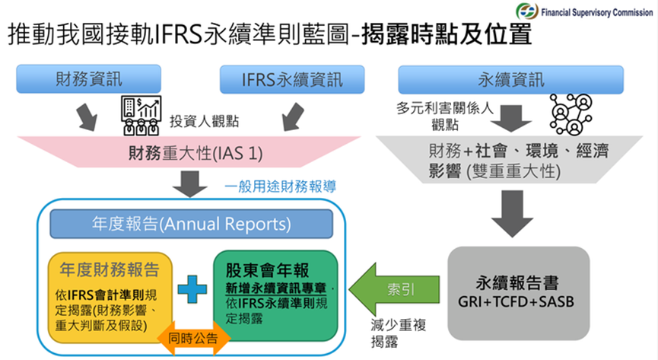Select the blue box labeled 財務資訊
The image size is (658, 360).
pyautogui.click(x=88, y=79)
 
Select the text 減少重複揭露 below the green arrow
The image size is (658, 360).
pyautogui.click(x=389, y=333)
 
